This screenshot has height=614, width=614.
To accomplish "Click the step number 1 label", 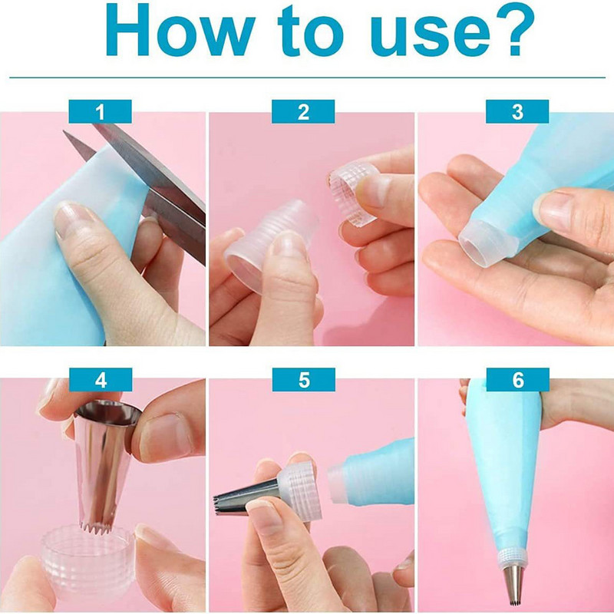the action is point(101,111).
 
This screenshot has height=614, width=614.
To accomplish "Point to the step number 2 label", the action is point(303,111).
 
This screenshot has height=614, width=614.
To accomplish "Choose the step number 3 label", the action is point(517,111).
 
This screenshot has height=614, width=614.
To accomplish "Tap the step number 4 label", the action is point(101,380).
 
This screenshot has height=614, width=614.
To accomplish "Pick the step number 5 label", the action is point(304,380).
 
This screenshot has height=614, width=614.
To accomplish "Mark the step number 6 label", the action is point(518,380).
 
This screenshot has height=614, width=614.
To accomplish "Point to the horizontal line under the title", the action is point(307,78).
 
